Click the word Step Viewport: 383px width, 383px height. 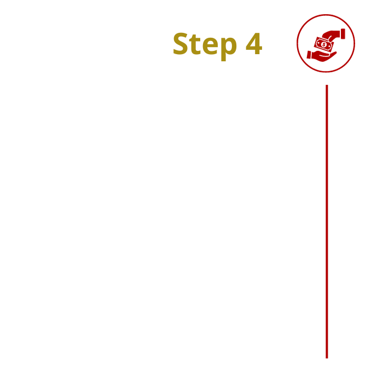click(205, 45)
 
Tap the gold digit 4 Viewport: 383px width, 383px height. click(254, 43)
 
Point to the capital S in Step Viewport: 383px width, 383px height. click(182, 43)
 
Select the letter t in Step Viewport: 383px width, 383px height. click(196, 45)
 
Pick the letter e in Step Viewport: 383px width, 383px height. click(210, 47)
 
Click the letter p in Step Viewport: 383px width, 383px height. click(229, 49)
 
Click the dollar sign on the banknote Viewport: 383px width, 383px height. click(324, 44)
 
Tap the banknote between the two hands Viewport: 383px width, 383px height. click(324, 44)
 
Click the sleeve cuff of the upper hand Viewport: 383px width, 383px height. click(343, 34)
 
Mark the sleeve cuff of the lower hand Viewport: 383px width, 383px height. click(309, 55)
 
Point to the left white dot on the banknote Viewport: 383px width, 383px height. click(318, 43)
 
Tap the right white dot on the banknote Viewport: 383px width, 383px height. click(329, 46)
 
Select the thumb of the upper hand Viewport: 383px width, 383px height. click(330, 39)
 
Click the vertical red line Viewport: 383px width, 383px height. click(327, 222)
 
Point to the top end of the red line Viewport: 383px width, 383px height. click(327, 85)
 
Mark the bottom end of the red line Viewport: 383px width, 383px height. click(327, 358)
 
